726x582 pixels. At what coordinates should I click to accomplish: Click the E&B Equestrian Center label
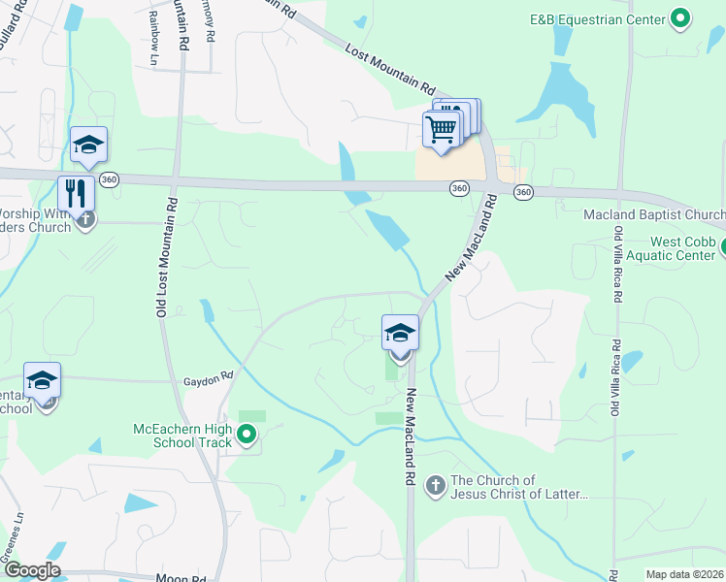[x=597, y=18]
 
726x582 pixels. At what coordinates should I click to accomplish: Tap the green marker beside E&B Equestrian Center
[x=680, y=17]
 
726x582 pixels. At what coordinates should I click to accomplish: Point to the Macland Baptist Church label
[x=654, y=214]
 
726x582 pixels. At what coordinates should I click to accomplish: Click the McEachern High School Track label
[x=183, y=436]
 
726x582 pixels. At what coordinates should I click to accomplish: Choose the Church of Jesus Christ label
[x=519, y=487]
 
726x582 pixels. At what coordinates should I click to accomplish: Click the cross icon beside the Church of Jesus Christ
[x=435, y=485]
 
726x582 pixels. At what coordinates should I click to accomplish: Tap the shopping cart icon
[x=442, y=128]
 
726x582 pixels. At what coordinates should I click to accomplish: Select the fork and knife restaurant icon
[x=75, y=192]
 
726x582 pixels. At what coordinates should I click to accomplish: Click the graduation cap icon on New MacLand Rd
[x=400, y=334]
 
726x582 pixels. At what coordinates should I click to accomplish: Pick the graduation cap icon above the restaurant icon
[x=88, y=145]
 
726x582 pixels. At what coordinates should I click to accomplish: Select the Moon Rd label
[x=181, y=578]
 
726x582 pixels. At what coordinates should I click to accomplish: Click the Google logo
[x=31, y=571]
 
